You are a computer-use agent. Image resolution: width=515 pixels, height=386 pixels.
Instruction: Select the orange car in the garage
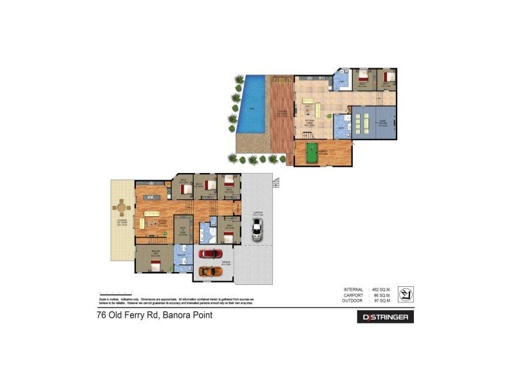point(210,271)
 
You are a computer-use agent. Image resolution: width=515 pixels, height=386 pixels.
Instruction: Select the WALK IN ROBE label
point(183,233)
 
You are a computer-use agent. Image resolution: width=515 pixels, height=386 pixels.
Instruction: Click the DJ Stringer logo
point(386,317)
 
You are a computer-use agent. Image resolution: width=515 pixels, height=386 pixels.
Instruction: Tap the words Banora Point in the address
point(187,315)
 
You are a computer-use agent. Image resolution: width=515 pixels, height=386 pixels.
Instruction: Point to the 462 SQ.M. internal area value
point(379,289)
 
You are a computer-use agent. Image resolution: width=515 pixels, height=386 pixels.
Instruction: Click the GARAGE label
point(216,262)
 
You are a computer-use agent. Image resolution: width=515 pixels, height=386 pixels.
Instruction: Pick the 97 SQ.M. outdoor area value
point(380,300)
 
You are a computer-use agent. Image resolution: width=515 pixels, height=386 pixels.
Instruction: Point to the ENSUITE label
point(182,255)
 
